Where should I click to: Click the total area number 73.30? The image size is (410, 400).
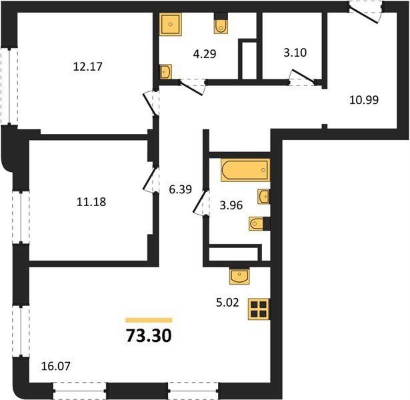(x=149, y=336)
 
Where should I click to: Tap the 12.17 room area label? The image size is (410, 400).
(x=87, y=67)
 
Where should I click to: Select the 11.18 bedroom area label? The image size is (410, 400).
(x=91, y=202)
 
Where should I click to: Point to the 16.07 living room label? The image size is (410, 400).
(x=56, y=366)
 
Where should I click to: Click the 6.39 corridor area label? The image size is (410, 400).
(x=181, y=189)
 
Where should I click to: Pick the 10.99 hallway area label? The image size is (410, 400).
(x=364, y=100)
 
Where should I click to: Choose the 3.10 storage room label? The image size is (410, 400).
(x=295, y=53)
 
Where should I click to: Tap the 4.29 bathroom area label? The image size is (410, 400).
(x=205, y=54)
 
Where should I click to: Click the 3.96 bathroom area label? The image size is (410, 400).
(x=231, y=205)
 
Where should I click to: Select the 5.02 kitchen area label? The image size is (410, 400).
(x=227, y=303)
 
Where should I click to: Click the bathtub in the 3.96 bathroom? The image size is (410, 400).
(x=245, y=170)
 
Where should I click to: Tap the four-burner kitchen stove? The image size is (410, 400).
(x=259, y=309)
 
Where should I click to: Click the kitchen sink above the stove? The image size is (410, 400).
(x=239, y=276)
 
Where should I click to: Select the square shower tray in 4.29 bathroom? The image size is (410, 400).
(x=170, y=24)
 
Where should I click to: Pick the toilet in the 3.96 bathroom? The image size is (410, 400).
(x=259, y=224)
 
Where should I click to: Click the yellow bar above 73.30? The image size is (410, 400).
(x=149, y=320)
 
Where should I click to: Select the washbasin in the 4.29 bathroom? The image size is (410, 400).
(x=166, y=71)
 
